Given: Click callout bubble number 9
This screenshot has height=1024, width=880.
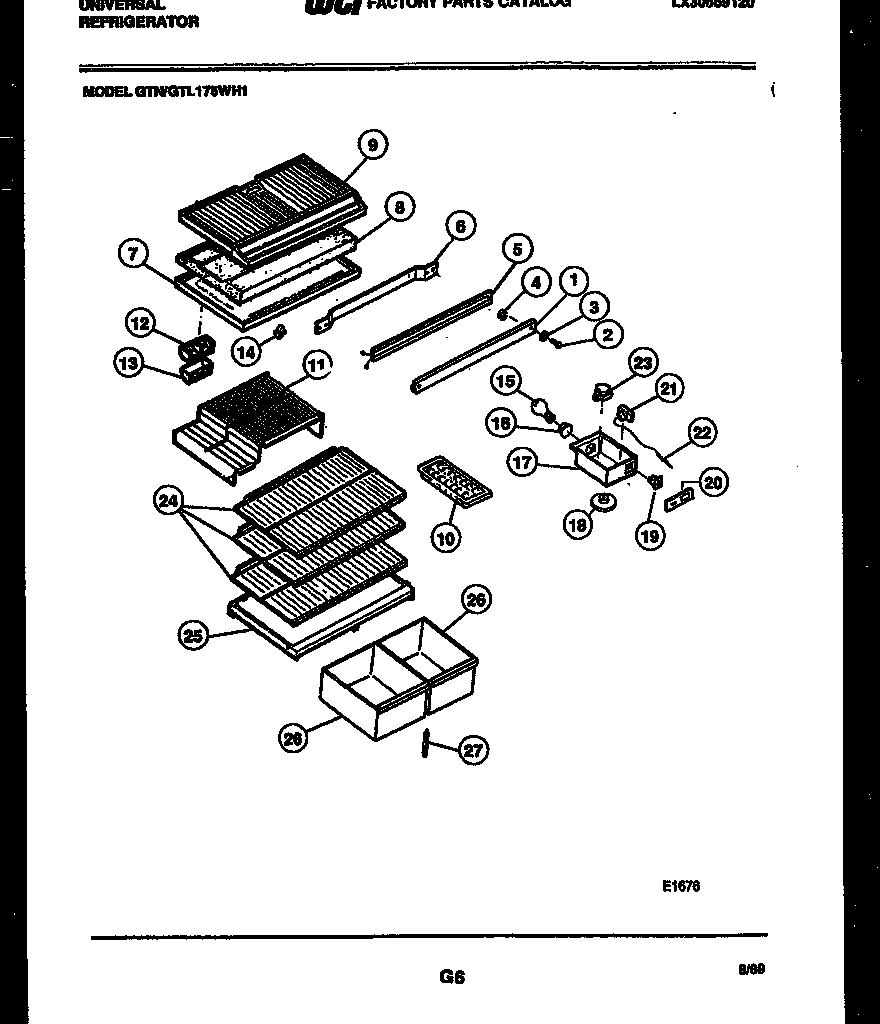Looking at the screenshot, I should (372, 145).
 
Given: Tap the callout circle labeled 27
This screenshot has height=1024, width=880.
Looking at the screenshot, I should (472, 750).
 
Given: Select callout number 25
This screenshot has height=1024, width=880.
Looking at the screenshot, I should (193, 634).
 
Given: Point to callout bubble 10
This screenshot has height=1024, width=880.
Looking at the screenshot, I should (446, 538).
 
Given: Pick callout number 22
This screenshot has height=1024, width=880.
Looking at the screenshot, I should (702, 433).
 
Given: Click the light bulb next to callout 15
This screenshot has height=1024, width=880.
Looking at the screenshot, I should (543, 408).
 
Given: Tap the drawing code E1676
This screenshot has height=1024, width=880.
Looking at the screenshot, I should (680, 884).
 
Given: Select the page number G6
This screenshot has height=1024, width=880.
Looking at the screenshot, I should (452, 976).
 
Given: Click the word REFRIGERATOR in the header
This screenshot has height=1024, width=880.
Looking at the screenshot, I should (138, 22).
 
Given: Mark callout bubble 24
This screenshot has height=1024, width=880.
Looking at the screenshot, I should (169, 502).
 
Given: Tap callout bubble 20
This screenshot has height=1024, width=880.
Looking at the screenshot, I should (713, 483).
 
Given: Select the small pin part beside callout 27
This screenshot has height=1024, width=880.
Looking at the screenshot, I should (427, 743).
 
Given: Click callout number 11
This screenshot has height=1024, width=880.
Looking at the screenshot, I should (316, 366).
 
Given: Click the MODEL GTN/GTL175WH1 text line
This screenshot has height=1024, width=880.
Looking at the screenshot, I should (163, 92).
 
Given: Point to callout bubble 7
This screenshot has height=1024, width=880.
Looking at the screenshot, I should (134, 253).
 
